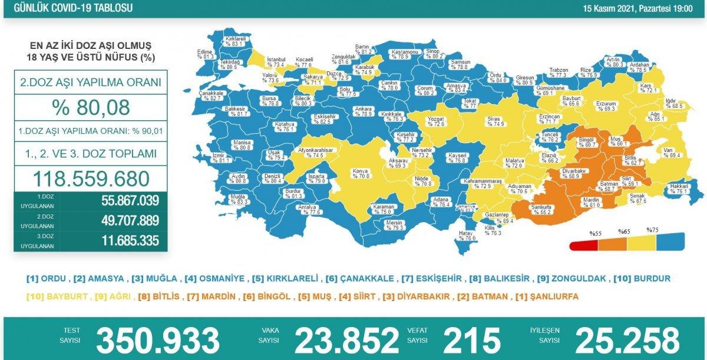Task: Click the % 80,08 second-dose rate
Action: click(91, 108)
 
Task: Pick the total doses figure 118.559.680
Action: click(91, 178)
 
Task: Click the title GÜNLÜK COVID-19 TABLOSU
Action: click(66, 8)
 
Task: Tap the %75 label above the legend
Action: click(652, 230)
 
